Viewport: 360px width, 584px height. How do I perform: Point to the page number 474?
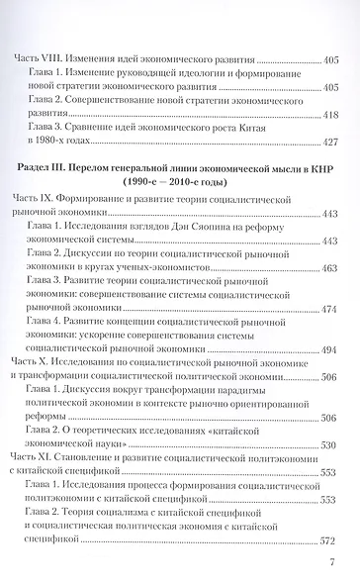pyautogui.click(x=328, y=309)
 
